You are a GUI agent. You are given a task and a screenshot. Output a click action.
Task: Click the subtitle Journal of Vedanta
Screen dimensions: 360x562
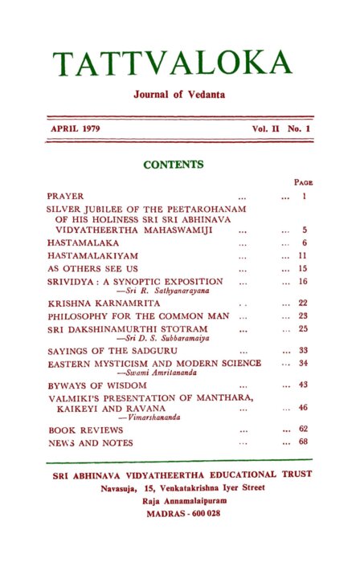pos(179,95)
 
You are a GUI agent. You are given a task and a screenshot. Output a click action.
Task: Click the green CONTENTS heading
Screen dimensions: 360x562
pos(173,165)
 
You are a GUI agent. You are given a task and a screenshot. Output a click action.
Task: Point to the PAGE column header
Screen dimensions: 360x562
pos(302,182)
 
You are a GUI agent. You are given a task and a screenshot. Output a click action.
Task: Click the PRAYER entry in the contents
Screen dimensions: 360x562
pos(60,196)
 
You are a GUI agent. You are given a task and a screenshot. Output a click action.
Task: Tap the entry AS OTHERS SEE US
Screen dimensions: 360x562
pos(82,268)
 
